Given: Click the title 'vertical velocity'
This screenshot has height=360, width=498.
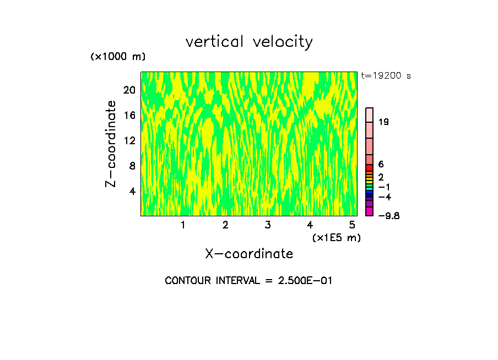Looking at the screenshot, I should [x=249, y=42].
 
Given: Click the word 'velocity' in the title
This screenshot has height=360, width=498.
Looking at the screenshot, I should [x=283, y=42].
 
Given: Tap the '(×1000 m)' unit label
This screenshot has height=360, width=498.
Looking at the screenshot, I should [x=118, y=57].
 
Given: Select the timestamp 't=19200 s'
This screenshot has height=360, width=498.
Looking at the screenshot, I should [x=386, y=76].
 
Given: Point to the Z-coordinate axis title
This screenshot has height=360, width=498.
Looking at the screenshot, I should [x=111, y=144].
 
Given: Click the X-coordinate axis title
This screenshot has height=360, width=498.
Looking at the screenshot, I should [x=249, y=254].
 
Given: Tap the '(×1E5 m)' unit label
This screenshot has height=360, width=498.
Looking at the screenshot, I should [x=336, y=237].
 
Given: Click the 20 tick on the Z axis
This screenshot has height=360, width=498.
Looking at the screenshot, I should [x=129, y=90].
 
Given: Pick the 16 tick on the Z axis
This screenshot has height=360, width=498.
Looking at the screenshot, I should [x=129, y=116].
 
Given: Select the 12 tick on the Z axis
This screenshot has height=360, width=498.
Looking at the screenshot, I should [x=129, y=140].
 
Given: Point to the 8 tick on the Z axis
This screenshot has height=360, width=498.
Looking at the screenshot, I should [x=132, y=166].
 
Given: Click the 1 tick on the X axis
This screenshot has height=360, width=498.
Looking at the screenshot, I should [x=183, y=225].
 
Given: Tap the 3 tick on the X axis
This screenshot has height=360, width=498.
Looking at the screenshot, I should [x=267, y=225].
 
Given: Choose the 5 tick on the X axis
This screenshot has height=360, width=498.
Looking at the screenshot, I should [x=352, y=225].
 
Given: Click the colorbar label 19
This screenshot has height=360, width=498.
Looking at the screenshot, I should [x=384, y=122].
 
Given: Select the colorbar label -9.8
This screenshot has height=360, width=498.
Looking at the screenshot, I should [x=388, y=216].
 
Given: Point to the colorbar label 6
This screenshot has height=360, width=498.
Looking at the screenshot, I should [x=381, y=165].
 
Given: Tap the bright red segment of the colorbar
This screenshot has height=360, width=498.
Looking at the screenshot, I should [x=370, y=168].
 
